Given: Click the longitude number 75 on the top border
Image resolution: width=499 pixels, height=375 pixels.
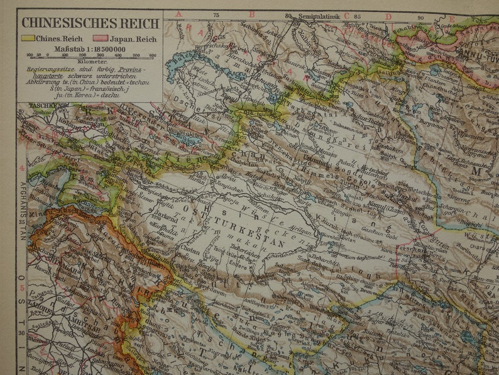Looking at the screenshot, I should [x=216, y=14].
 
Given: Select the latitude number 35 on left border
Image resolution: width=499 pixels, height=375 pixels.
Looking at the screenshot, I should [x=21, y=221].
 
